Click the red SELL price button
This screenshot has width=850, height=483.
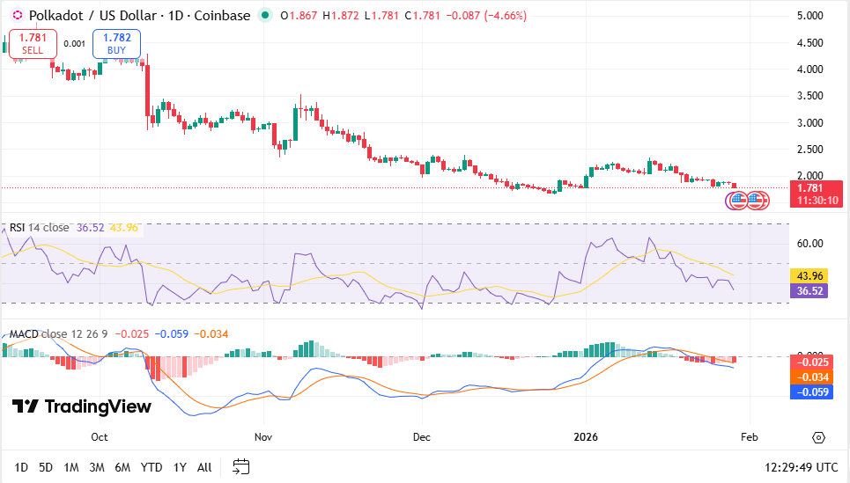tap(33, 44)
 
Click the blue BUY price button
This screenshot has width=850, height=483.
tap(116, 44)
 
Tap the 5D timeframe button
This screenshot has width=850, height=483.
tap(46, 467)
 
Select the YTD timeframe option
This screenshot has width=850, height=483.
tap(152, 467)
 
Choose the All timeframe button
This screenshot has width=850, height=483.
tap(204, 467)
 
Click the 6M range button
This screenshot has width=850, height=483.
tap(122, 467)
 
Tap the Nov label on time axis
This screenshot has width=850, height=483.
tap(262, 436)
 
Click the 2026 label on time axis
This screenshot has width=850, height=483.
tap(586, 436)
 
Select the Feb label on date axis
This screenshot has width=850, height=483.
tap(749, 436)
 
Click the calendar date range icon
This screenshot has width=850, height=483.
tap(240, 466)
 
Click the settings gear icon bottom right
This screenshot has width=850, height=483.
tap(818, 437)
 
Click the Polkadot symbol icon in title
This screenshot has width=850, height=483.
tap(17, 16)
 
